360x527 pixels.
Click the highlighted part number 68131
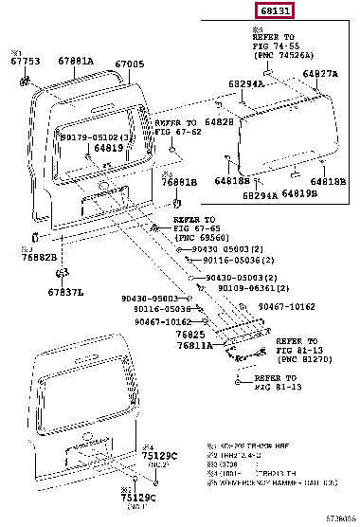[273, 12]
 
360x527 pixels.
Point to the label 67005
[130, 64]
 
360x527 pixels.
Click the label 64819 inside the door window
[108, 148]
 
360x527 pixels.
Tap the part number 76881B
[178, 182]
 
